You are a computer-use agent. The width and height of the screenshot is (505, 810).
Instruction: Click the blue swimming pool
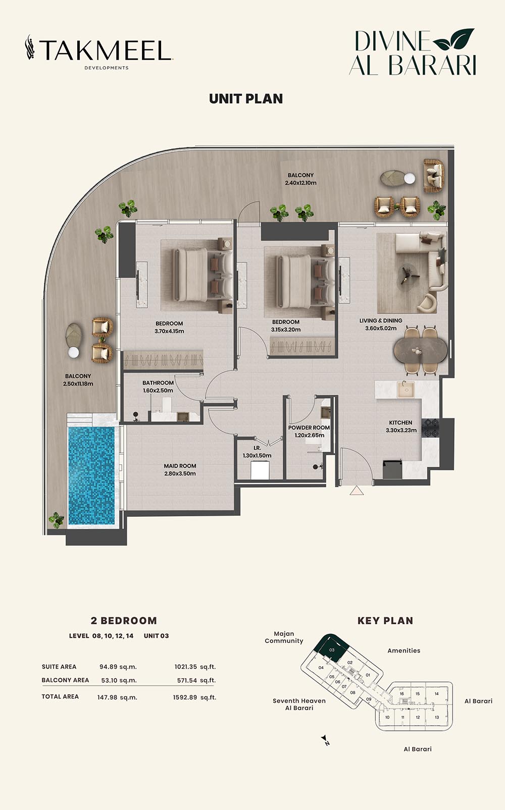[92, 475]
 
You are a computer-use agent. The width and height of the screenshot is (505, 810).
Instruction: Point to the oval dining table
[420, 350]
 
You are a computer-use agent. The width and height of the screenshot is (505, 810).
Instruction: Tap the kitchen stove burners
[431, 428]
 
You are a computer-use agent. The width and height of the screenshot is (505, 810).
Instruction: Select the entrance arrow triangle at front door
[357, 490]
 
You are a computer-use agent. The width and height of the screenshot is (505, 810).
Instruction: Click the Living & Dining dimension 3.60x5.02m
[381, 329]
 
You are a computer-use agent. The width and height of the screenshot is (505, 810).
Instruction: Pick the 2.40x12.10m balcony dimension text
[300, 183]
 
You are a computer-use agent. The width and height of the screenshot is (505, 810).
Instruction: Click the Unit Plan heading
[246, 99]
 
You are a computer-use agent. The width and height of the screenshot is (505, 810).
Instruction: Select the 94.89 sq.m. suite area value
[118, 667]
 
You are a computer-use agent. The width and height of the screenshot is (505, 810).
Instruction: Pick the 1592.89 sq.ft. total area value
[194, 697]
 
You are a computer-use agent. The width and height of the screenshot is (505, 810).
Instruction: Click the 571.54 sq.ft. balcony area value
[196, 680]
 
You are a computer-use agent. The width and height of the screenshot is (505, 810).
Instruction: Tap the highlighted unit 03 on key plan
[331, 647]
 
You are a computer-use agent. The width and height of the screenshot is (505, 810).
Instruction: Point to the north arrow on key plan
[325, 740]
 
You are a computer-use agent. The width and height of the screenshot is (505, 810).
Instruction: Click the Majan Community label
[284, 637]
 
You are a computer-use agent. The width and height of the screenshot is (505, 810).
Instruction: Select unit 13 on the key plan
[437, 717]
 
